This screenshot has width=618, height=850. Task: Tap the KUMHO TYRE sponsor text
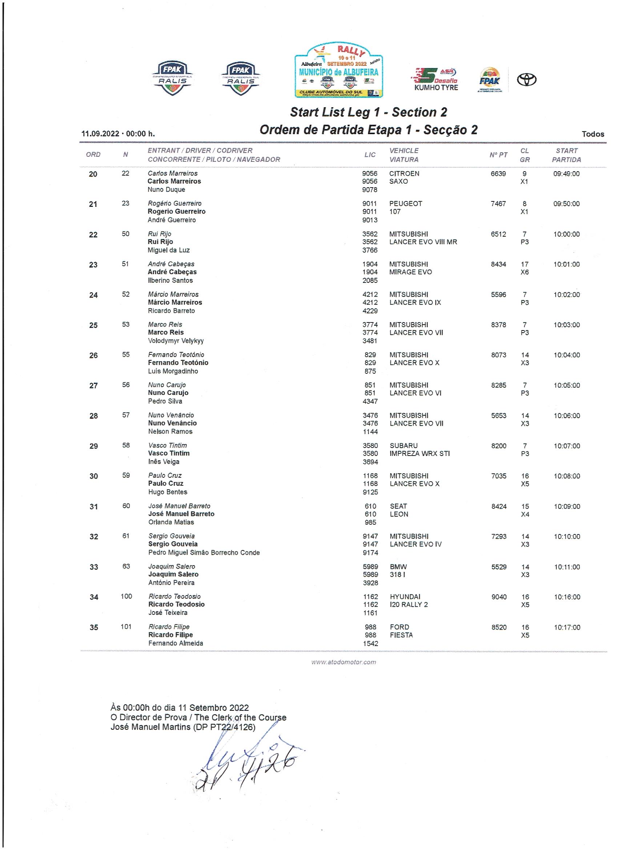436,88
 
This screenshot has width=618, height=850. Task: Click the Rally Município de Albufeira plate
338,71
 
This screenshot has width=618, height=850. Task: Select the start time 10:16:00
567,597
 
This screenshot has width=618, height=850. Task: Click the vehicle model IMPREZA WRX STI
420,453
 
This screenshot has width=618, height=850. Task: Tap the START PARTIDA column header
566,155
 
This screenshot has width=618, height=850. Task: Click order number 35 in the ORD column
94,628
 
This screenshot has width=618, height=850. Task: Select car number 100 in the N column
126,596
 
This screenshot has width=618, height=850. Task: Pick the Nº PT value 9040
499,597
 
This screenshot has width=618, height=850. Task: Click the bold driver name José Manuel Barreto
181,514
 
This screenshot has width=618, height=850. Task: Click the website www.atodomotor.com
344,662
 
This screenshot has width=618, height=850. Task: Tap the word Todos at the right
593,134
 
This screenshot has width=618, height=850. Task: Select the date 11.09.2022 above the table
100,134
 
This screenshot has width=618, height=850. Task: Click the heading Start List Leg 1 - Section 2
368,112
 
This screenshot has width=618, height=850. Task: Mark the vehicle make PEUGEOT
405,204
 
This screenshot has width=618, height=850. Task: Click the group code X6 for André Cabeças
525,272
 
